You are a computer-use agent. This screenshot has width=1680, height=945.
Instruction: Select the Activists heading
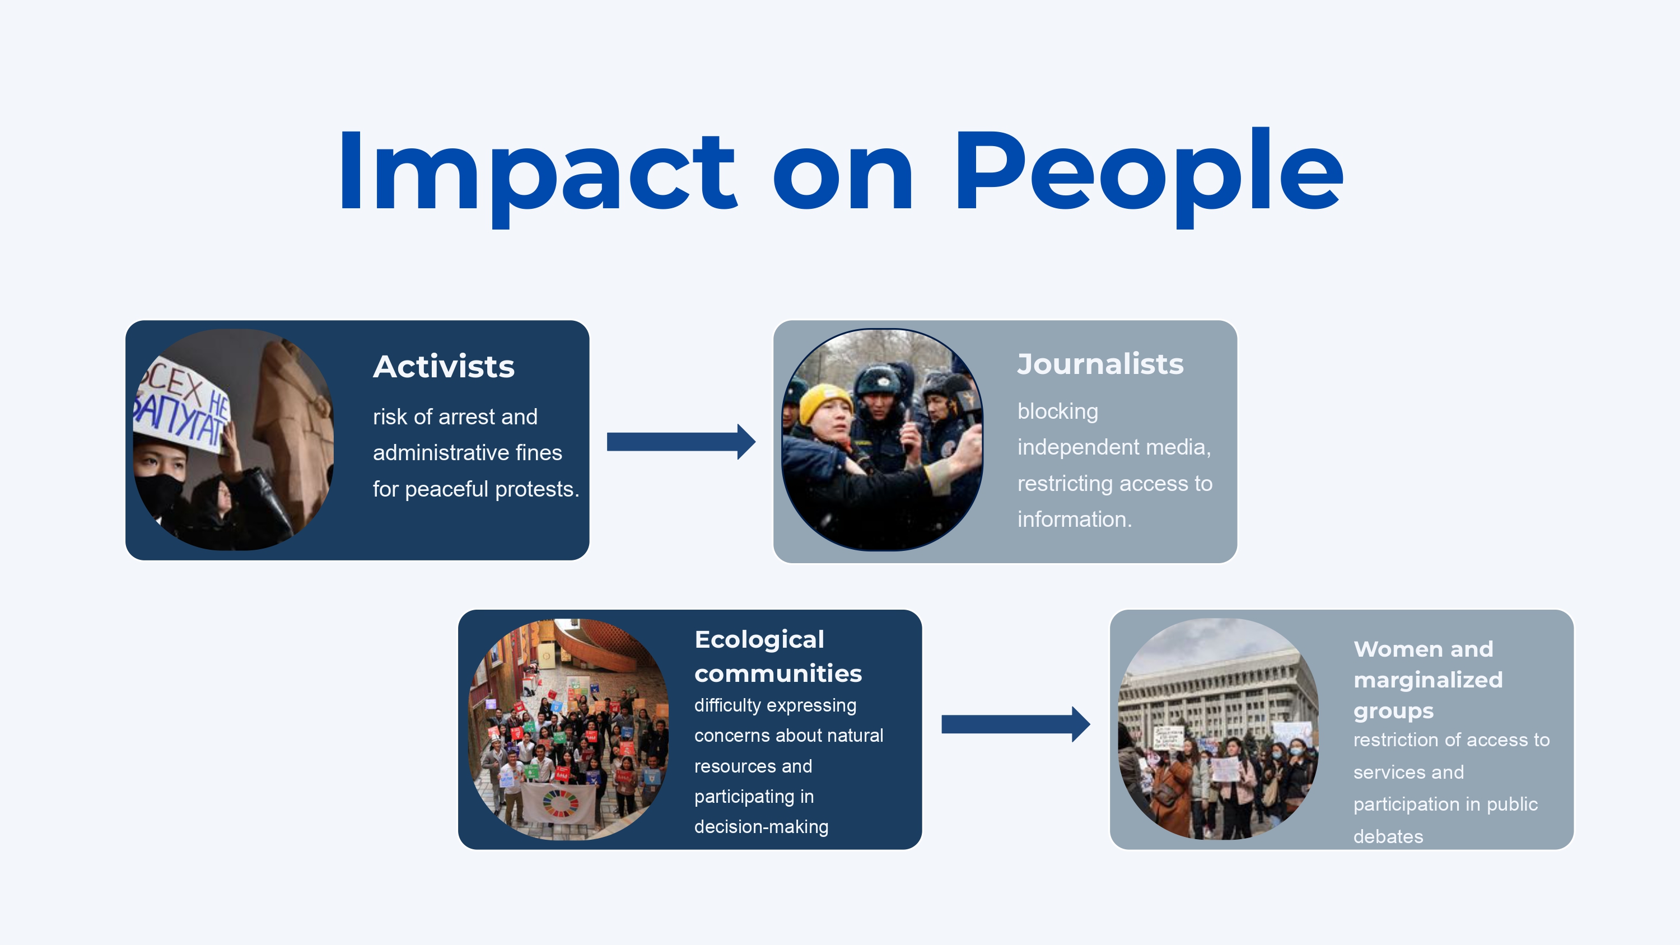(x=444, y=367)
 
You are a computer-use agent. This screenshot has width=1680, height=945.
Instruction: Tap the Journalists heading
(x=1100, y=364)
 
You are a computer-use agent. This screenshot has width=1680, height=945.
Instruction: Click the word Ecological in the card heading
(x=759, y=640)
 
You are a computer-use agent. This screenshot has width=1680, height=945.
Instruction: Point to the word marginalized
(x=1427, y=680)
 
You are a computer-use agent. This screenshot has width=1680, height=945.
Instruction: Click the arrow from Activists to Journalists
(x=681, y=442)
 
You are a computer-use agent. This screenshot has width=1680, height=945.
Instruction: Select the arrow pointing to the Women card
(x=1015, y=724)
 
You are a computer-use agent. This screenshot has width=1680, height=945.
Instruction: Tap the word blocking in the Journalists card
(x=1057, y=412)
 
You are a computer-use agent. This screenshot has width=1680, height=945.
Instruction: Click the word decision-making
(x=761, y=827)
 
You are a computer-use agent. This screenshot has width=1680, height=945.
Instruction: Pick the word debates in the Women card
(x=1388, y=837)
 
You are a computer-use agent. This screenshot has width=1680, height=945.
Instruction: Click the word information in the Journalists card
(x=1074, y=519)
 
